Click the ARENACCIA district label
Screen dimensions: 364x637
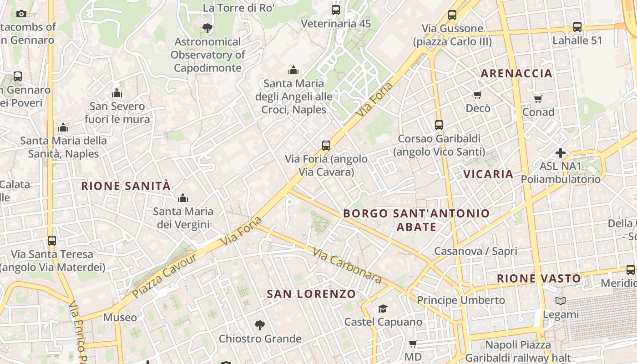click(x=516, y=73)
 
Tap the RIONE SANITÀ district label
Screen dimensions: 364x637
click(x=126, y=186)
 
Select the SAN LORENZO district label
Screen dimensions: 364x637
click(x=311, y=294)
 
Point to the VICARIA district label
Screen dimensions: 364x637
click(x=488, y=174)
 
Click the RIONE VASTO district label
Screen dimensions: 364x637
click(x=539, y=278)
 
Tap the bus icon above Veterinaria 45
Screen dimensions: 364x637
click(x=336, y=10)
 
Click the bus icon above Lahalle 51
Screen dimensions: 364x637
click(x=577, y=27)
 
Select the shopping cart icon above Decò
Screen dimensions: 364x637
click(x=478, y=95)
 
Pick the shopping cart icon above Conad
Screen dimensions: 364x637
click(x=538, y=99)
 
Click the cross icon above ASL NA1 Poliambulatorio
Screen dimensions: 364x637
click(x=561, y=153)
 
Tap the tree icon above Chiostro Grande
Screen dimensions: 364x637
click(x=260, y=325)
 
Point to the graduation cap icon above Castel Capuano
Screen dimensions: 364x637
click(x=383, y=309)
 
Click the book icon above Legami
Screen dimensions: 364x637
click(x=561, y=301)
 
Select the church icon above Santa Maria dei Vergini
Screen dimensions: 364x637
click(x=183, y=198)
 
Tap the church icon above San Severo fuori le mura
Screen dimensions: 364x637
click(x=117, y=93)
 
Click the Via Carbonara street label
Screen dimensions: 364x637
click(x=347, y=265)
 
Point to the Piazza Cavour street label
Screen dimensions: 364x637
click(x=165, y=276)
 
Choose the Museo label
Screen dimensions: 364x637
click(x=120, y=317)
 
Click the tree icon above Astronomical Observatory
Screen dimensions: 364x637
click(x=207, y=28)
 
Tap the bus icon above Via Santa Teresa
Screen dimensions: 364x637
click(x=52, y=240)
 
